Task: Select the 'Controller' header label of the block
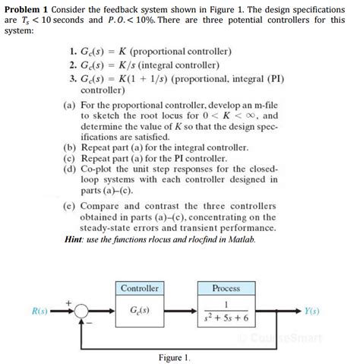140,289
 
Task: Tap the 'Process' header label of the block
226,289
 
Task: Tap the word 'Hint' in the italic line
78,238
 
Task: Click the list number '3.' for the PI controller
72,77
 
